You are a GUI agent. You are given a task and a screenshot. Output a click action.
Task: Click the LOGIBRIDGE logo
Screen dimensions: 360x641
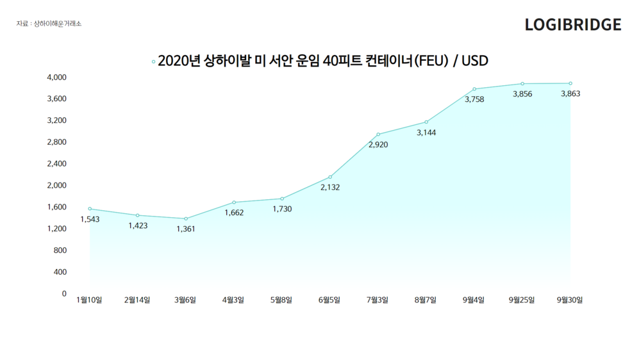tap(572, 24)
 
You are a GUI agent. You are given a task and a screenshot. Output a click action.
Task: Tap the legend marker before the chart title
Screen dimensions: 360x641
tap(153, 61)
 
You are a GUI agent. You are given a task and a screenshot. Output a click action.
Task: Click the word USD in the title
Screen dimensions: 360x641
tap(474, 61)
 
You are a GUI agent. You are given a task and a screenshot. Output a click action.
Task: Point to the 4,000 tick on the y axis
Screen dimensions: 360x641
tap(57, 78)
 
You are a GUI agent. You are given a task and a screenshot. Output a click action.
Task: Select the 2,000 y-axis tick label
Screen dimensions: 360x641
tap(57, 185)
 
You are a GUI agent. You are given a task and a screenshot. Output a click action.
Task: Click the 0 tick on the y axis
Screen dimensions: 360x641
tap(64, 293)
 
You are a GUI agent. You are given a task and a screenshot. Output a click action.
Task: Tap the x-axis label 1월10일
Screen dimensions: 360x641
tap(89, 300)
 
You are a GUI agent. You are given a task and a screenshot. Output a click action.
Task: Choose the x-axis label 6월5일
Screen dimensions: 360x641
tap(329, 300)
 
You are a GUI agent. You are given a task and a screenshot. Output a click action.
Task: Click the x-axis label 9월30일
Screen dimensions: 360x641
tap(569, 300)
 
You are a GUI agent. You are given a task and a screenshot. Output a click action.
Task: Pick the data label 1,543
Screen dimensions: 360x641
tap(90, 220)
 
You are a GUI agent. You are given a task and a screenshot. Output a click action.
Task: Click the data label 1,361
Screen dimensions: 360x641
tap(186, 229)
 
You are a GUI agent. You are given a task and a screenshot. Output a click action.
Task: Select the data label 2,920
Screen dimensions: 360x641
tap(378, 145)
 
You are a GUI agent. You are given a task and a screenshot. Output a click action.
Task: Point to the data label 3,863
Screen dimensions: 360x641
tap(570, 94)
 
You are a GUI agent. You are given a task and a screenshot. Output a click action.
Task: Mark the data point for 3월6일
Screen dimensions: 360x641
tap(186, 218)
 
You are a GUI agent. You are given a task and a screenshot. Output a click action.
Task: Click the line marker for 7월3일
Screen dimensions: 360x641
tap(378, 135)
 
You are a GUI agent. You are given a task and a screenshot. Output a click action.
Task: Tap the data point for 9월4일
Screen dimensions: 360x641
tap(474, 89)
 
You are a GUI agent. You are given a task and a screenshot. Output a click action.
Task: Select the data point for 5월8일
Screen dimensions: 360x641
tap(282, 199)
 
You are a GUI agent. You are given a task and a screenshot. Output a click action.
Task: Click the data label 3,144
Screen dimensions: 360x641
tap(426, 133)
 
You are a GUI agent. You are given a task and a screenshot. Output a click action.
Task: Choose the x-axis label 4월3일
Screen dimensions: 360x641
tap(233, 300)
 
